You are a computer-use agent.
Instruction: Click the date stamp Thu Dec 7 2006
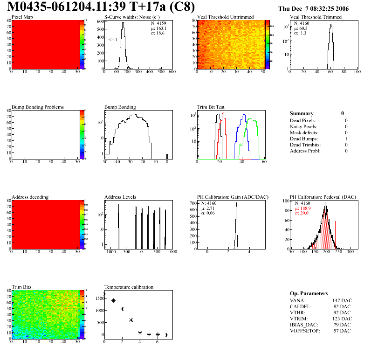point(313,8)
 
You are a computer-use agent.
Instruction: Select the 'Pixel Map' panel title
point(22,17)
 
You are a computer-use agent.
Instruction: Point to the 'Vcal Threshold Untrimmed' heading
point(226,17)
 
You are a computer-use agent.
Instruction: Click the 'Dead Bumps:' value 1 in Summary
point(346,138)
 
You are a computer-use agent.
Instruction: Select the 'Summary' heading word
point(302,113)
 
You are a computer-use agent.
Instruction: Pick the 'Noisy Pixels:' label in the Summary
point(303,126)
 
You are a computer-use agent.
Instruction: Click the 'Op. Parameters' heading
point(309,293)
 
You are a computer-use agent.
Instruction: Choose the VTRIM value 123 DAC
point(342,318)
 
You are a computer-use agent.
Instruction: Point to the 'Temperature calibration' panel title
point(129,287)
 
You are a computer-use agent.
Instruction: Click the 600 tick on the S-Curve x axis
point(172,72)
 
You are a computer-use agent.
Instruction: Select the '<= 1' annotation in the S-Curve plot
point(112,40)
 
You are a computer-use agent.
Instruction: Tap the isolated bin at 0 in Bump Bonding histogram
point(167,156)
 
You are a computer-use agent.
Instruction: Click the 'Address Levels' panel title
point(120,197)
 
